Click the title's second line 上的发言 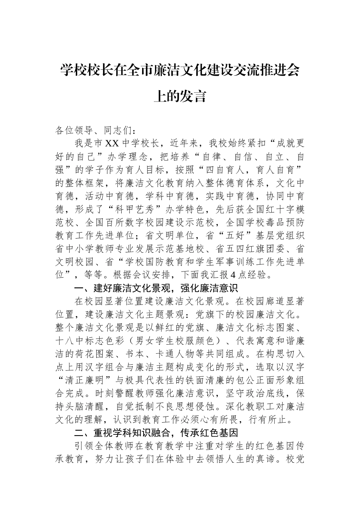pyautogui.click(x=180, y=97)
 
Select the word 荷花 pyautogui.click(x=88, y=353)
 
